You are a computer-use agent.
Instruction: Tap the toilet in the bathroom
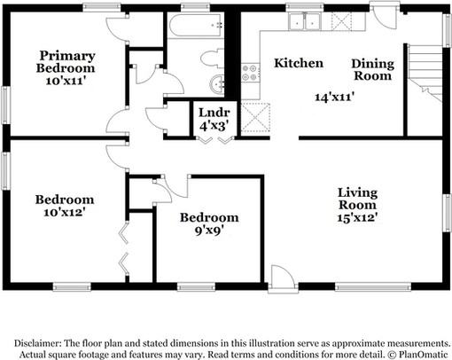tap(211, 59)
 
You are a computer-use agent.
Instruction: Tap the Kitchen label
tap(298, 63)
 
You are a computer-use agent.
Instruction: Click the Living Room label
tap(357, 200)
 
